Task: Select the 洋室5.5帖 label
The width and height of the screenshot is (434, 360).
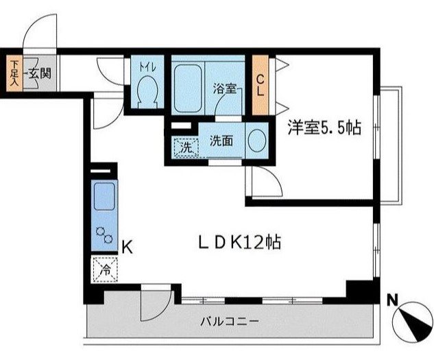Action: point(324,127)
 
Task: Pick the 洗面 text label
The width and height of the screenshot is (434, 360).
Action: point(221,141)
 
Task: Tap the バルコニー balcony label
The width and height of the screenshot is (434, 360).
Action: point(230,321)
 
